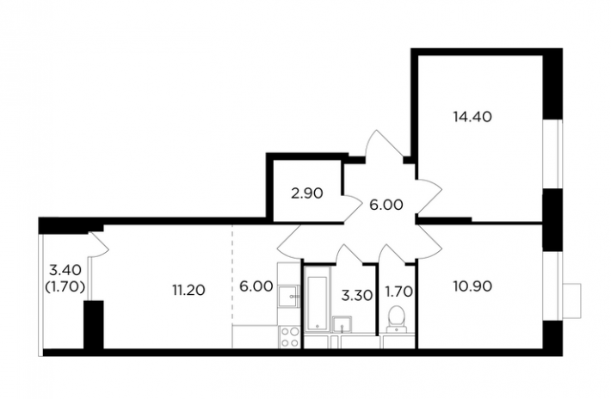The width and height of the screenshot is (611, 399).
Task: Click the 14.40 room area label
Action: pos(472,116)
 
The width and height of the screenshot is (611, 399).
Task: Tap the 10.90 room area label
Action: pos(472,286)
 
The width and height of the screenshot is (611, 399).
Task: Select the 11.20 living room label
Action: pos(189,290)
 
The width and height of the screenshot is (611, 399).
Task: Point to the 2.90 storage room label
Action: pos(307,193)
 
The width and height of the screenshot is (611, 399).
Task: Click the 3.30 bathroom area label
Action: pos(356,296)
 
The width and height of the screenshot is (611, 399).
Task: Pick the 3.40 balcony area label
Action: pos(65,269)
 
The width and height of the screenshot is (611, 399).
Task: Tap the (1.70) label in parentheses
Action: pos(65,287)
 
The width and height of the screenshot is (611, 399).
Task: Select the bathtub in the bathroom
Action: pos(318,303)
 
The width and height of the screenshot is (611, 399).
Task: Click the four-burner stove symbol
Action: pos(289,337)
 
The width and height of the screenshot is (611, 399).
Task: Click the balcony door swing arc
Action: pos(98,245)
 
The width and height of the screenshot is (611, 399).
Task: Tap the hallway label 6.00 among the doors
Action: pos(386,206)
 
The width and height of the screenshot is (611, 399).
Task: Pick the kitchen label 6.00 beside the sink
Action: pos(256,286)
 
